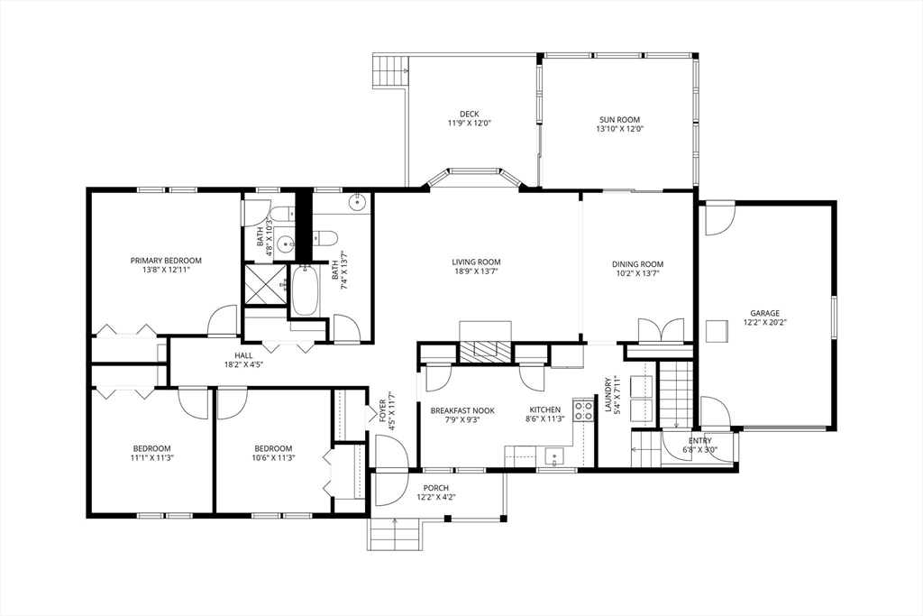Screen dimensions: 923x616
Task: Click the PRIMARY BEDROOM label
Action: click(x=166, y=261)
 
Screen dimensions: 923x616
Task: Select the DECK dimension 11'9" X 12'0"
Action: click(x=469, y=124)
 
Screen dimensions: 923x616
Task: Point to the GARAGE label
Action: click(x=764, y=313)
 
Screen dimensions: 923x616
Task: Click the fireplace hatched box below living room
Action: click(x=485, y=352)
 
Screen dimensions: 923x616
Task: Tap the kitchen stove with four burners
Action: click(x=583, y=410)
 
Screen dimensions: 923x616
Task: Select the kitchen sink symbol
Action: click(x=554, y=456)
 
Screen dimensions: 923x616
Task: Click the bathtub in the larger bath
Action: click(x=305, y=290)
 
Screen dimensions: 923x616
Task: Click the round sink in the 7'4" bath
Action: click(x=357, y=203)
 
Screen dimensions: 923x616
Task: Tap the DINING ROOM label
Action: click(x=637, y=264)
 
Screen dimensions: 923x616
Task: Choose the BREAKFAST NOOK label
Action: click(x=462, y=410)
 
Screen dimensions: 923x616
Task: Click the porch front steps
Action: click(x=395, y=534)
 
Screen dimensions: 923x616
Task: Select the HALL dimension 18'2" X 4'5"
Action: click(x=243, y=364)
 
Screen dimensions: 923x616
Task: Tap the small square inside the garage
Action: click(x=717, y=331)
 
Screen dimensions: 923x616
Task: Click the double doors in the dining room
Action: click(x=661, y=331)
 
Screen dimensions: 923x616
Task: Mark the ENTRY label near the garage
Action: click(x=699, y=440)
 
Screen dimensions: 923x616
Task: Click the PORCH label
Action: click(x=436, y=488)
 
